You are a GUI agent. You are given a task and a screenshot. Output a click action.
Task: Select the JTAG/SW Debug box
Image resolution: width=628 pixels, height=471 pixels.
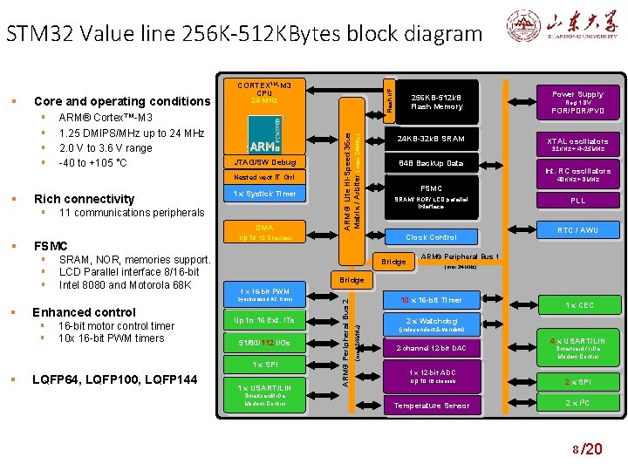pyautogui.click(x=264, y=162)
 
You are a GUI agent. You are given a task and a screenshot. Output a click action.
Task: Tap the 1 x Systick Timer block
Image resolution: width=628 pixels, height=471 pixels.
pyautogui.click(x=264, y=193)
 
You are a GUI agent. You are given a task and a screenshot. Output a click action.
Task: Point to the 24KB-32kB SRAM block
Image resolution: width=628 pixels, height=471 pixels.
pyautogui.click(x=431, y=140)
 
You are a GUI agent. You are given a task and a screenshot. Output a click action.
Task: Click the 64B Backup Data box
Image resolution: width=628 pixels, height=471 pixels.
pyautogui.click(x=431, y=163)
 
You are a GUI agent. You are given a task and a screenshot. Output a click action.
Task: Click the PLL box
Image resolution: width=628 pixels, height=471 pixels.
pyautogui.click(x=577, y=201)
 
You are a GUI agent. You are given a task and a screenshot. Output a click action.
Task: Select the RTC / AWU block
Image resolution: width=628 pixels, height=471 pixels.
pyautogui.click(x=577, y=230)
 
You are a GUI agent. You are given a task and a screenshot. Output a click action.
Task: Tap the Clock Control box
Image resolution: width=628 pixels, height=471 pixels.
pyautogui.click(x=431, y=236)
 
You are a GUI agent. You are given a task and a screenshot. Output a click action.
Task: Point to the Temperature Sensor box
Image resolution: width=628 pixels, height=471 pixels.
pyautogui.click(x=431, y=406)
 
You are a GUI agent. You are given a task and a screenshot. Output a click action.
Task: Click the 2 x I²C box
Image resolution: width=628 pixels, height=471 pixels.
pyautogui.click(x=577, y=402)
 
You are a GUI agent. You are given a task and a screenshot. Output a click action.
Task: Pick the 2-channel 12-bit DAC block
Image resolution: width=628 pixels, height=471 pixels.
pyautogui.click(x=431, y=348)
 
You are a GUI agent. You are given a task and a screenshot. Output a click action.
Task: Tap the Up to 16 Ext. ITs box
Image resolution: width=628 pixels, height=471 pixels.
pyautogui.click(x=264, y=320)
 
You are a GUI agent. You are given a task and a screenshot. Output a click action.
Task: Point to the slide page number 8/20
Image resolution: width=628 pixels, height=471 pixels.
pyautogui.click(x=585, y=449)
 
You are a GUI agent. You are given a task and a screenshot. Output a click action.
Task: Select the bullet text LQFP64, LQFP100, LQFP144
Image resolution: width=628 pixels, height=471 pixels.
pyautogui.click(x=113, y=378)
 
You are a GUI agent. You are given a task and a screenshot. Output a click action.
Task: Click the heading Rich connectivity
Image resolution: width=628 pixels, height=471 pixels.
pyautogui.click(x=84, y=199)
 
